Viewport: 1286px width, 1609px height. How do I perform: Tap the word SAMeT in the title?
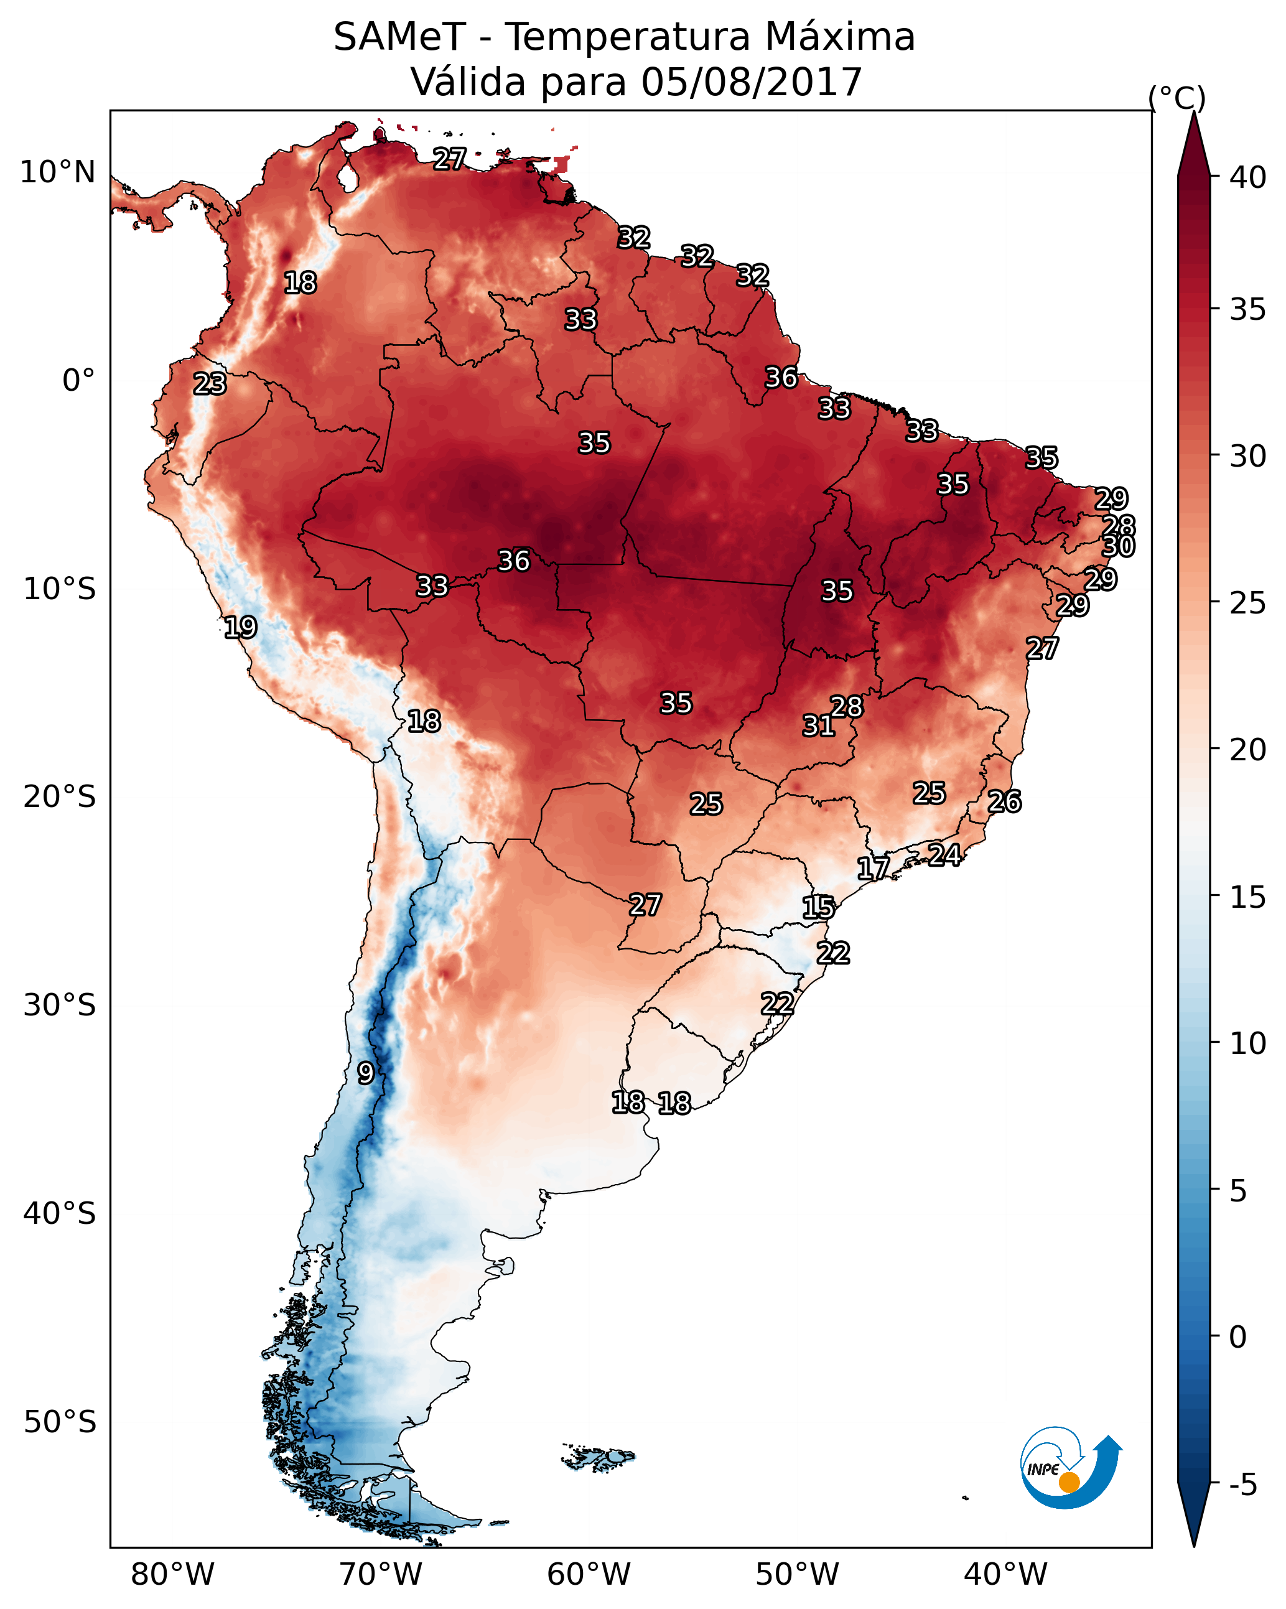399,37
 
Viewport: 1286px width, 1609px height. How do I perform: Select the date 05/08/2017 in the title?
751,82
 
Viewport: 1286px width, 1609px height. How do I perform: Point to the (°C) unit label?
1177,98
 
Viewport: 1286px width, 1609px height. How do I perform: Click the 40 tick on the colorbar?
1248,177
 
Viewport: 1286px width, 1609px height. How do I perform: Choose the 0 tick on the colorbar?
1237,1337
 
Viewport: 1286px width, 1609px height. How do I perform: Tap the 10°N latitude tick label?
57,172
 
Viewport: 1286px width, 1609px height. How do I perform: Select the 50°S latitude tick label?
60,1422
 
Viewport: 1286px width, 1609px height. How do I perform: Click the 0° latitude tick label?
79,381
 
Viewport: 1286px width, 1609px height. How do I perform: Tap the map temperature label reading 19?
240,627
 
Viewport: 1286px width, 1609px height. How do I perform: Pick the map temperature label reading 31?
818,725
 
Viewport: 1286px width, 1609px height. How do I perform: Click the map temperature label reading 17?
874,868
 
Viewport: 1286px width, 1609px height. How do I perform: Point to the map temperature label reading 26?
1005,801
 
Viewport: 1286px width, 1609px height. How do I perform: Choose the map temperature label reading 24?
945,854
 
